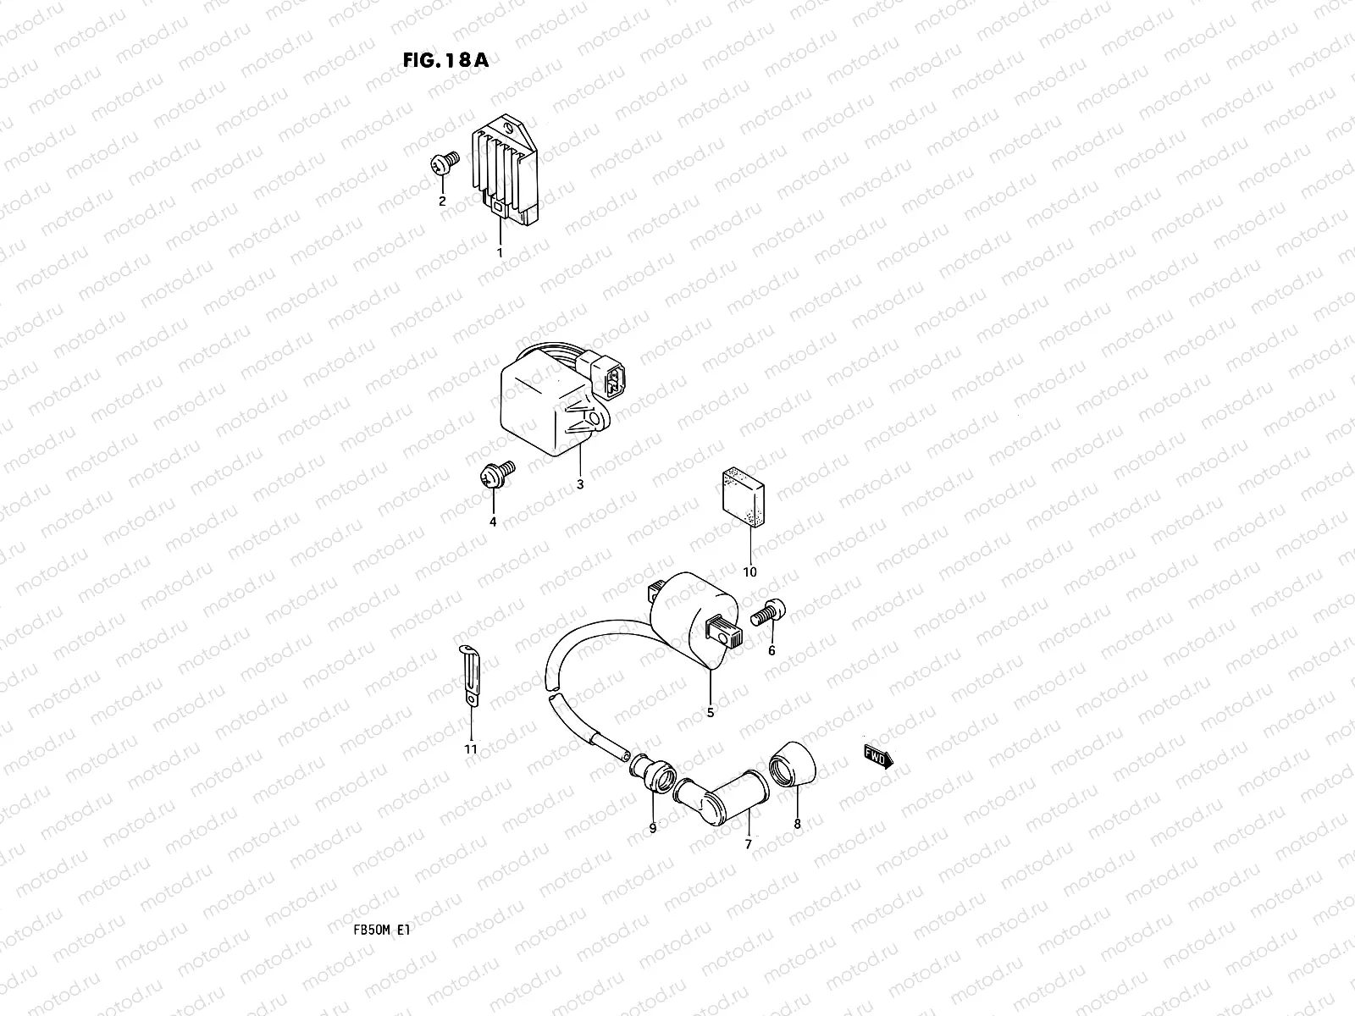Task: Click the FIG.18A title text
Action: [445, 60]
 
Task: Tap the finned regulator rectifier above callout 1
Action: [505, 169]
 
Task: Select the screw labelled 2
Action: [445, 163]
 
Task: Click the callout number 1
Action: [500, 253]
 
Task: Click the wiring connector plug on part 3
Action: [608, 375]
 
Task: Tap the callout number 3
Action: [579, 485]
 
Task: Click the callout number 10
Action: [749, 571]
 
